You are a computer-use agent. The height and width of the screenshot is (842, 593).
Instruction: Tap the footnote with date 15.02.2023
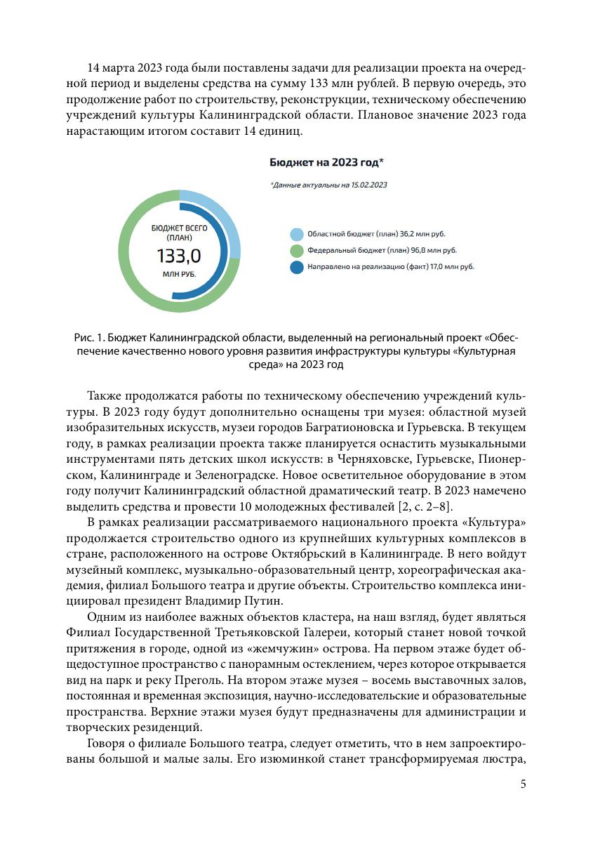point(328,185)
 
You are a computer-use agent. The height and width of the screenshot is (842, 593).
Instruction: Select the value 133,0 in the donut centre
point(178,255)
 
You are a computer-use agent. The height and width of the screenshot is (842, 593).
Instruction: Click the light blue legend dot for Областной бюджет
point(297,234)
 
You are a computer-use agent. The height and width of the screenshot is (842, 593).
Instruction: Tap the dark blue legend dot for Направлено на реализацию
point(297,267)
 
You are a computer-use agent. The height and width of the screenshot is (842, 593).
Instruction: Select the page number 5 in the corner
point(523,784)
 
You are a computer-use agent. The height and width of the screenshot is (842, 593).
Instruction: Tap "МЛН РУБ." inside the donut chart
point(179,274)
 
